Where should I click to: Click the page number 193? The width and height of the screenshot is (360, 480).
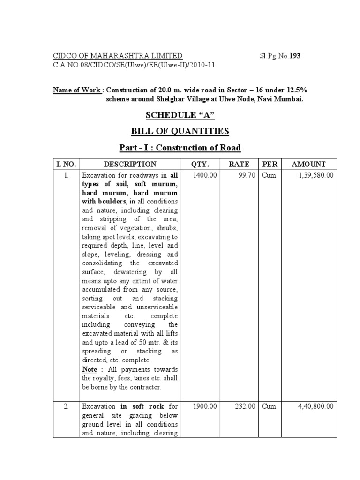(294, 56)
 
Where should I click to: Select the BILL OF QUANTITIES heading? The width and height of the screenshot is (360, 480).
(180, 132)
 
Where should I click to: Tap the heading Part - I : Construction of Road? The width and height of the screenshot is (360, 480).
(180, 148)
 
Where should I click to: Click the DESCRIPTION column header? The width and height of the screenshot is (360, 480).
(130, 164)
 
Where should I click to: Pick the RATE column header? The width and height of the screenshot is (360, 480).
(238, 164)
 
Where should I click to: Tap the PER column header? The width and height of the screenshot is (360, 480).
(270, 164)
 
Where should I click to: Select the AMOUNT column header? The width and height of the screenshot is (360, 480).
(308, 164)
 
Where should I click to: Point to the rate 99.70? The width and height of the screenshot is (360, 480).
(246, 175)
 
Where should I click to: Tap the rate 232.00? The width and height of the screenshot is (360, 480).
(244, 406)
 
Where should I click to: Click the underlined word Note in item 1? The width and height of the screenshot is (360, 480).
(90, 369)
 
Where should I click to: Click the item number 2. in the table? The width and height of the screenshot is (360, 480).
(67, 406)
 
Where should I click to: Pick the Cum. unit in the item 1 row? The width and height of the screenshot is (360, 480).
(270, 175)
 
